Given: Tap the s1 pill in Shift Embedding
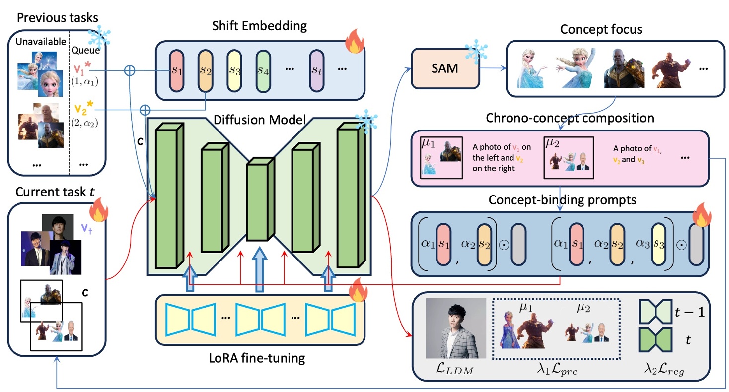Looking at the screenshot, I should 177,71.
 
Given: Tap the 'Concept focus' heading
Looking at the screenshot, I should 601,29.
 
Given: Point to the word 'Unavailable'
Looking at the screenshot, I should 37,42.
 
